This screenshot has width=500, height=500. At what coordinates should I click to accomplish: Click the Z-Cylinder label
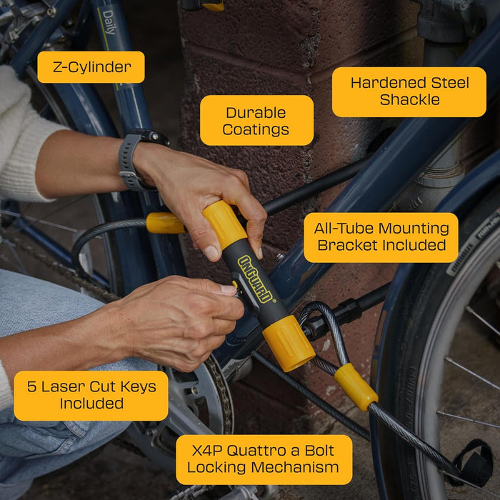(x=91, y=67)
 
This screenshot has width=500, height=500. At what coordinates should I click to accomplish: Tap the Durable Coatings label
(x=256, y=121)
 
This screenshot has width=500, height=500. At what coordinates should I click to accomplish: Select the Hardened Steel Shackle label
(x=409, y=91)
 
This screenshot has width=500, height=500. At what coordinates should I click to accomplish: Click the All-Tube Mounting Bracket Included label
(x=381, y=237)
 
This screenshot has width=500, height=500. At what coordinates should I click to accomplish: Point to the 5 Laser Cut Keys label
(x=91, y=395)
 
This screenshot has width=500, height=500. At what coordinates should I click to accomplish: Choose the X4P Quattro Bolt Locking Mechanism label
(x=264, y=459)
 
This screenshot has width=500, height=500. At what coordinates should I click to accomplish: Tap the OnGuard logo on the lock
(x=256, y=279)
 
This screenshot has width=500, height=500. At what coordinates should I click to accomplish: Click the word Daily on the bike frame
(x=109, y=26)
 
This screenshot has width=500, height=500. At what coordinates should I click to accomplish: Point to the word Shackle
(x=409, y=100)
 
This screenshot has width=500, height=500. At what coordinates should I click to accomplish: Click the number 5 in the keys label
(x=31, y=386)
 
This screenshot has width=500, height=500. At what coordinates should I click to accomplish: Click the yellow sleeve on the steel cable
(x=355, y=386)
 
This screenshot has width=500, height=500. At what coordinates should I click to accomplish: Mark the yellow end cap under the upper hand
(x=224, y=224)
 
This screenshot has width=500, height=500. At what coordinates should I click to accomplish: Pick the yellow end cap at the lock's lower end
(x=289, y=344)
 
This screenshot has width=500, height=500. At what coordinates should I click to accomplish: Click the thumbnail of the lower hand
(x=229, y=290)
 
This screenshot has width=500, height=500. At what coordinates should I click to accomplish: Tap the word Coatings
(x=256, y=129)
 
